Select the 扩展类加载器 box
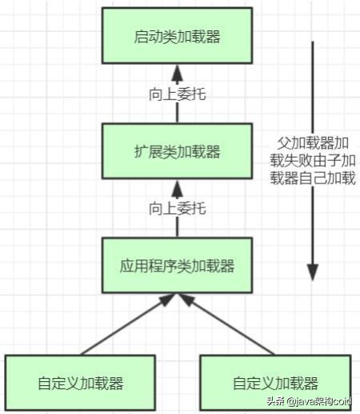click(x=178, y=151)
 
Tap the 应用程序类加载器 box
click(x=178, y=263)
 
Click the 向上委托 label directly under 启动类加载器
click(x=178, y=94)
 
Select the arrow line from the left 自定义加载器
click(x=120, y=328)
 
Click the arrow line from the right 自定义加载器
click(x=232, y=328)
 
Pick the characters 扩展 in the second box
click(x=147, y=151)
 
